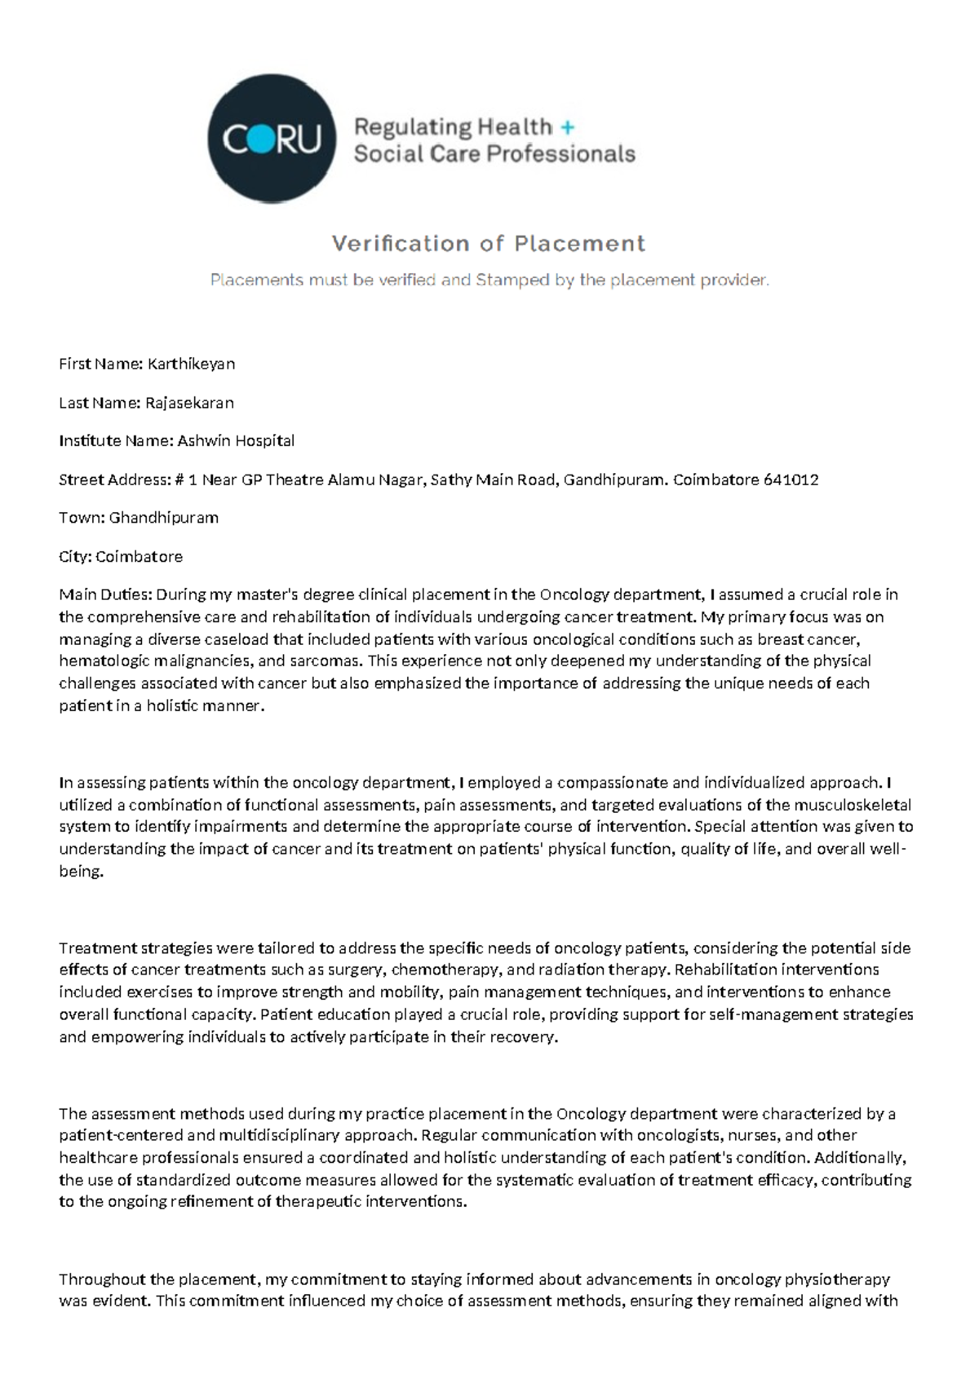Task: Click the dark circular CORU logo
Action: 272,139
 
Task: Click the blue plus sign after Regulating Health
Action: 568,127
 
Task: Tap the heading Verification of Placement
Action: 488,244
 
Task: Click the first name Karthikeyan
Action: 191,365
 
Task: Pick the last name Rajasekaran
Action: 189,403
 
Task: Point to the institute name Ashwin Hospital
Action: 236,441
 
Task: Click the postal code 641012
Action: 791,479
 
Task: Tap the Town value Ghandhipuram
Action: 163,518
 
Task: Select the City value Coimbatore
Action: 139,557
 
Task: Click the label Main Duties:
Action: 105,595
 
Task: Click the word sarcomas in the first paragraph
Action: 328,661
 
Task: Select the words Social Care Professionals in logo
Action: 494,154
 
